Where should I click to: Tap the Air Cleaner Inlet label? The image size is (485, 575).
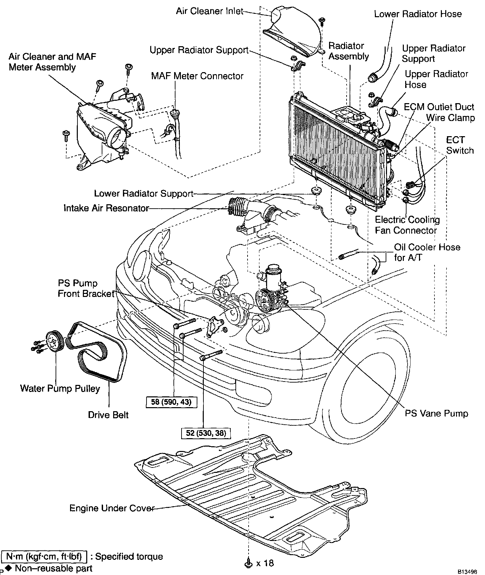[x=209, y=11]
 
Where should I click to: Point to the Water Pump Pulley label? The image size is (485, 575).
[x=60, y=389]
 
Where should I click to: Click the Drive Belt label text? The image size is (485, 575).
[x=108, y=415]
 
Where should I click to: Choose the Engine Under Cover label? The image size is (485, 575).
[x=112, y=508]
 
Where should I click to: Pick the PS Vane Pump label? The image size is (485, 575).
[x=437, y=413]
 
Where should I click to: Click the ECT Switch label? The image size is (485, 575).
[x=460, y=145]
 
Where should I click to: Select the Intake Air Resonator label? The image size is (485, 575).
[x=106, y=208]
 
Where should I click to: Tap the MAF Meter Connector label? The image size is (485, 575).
[x=197, y=76]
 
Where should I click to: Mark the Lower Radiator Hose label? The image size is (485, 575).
[x=418, y=14]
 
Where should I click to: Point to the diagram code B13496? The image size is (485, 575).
[x=471, y=572]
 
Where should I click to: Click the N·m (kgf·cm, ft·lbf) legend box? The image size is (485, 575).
[x=44, y=556]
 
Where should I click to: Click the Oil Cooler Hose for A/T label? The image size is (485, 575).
[x=427, y=252]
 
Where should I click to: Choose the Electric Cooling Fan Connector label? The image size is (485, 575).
[x=408, y=225]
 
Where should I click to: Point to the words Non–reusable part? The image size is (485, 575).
[x=54, y=569]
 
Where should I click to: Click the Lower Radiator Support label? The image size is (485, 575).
[x=144, y=193]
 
